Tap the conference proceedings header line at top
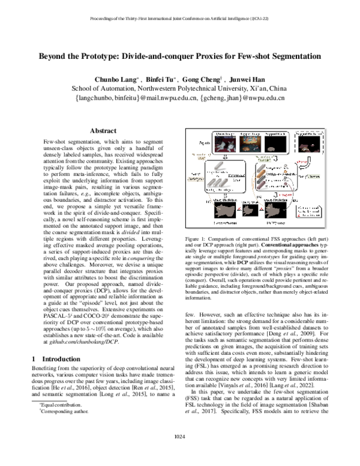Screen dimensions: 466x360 [179, 18]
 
